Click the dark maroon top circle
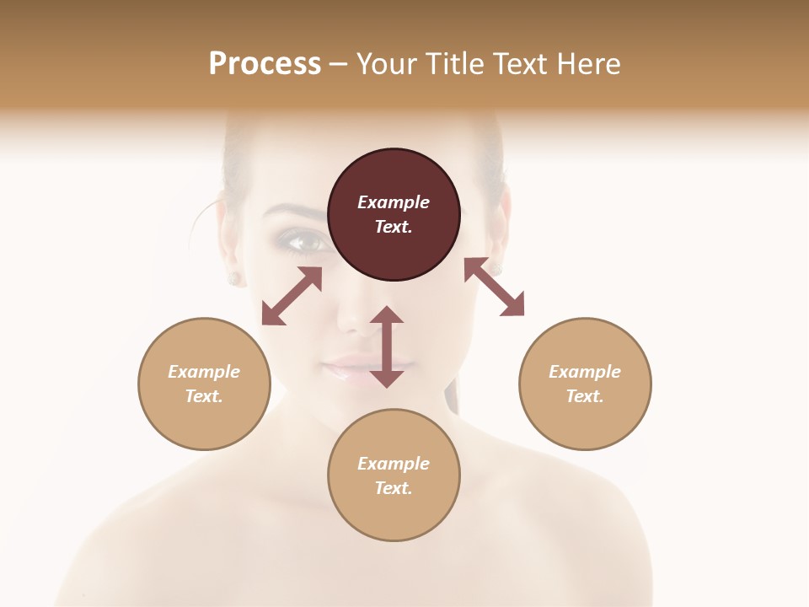point(394,214)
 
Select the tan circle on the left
point(204,384)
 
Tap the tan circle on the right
point(585,384)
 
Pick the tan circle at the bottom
point(394,475)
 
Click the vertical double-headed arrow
point(387,346)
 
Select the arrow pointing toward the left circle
point(292,296)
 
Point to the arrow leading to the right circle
point(495,287)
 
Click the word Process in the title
point(265,63)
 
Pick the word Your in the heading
point(386,63)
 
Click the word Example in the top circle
point(394,202)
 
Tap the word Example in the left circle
point(204,372)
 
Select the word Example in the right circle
point(585,372)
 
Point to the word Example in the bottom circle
point(394,464)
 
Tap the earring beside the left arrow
point(233,277)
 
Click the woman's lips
point(350,368)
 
